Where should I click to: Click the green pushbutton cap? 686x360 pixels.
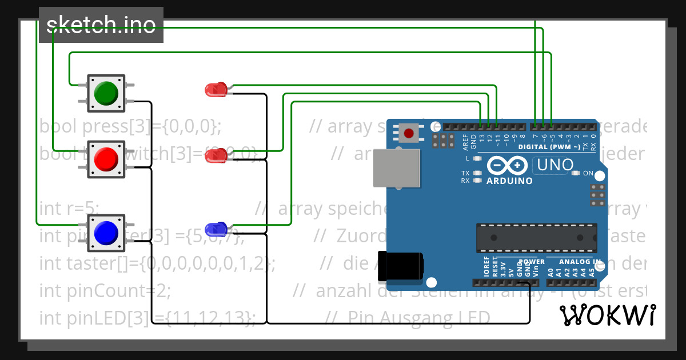click(x=106, y=93)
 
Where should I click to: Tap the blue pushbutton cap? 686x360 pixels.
click(x=106, y=233)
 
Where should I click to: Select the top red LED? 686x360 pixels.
click(x=216, y=90)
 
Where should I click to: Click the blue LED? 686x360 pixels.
click(x=216, y=230)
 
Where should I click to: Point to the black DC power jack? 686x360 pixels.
click(x=402, y=266)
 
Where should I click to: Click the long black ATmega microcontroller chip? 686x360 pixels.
click(x=536, y=238)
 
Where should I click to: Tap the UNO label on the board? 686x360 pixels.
click(x=552, y=166)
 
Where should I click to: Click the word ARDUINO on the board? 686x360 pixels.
click(x=509, y=181)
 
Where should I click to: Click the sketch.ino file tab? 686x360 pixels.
click(x=101, y=25)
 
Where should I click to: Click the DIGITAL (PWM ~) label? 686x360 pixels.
click(x=549, y=147)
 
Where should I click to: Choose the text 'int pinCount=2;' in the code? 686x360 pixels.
click(x=105, y=291)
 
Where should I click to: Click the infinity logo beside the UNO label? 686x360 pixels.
click(x=508, y=165)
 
